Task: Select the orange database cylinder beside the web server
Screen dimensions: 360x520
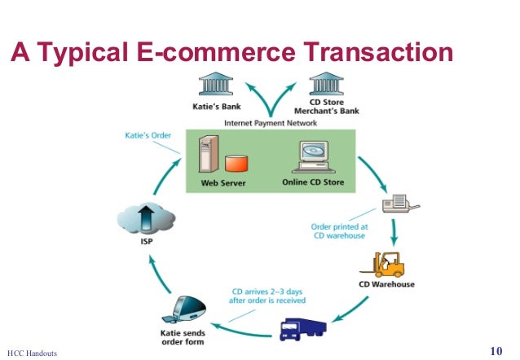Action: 236,163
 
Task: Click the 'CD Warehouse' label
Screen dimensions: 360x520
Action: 386,285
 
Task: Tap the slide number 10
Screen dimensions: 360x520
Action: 496,351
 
